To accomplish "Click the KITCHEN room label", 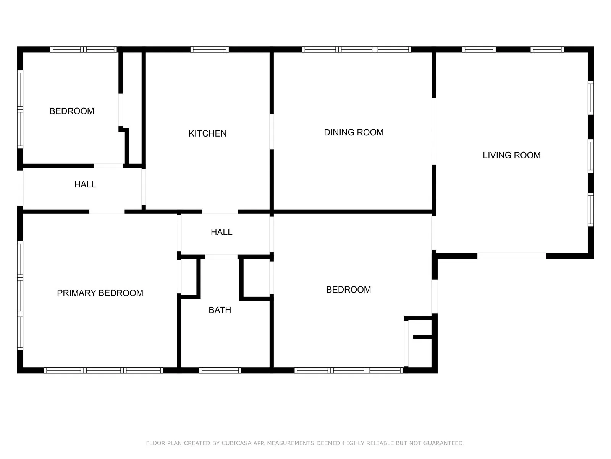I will pos(207,133).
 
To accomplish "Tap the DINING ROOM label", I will pos(354,132).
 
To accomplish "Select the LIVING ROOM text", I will pos(511,155).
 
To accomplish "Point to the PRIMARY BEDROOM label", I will pos(100,293).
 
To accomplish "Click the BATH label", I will pos(220,310).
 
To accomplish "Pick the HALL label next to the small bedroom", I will pos(85,184).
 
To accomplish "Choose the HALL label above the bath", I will pos(221,232).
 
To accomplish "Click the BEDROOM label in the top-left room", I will pos(72,111).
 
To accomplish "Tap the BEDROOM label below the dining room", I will pos(348,290).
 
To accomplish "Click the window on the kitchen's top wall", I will pos(209,49).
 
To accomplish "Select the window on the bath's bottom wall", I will pos(220,370).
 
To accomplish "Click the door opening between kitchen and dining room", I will pos(272,131).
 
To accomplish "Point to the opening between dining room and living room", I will pos(434,131).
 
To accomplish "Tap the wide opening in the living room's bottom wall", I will pos(512,256).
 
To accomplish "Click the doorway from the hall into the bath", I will pos(221,256).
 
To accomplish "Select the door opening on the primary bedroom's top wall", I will pos(107,212).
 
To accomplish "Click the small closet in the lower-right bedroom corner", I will pos(419,342).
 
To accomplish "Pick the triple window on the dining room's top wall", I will pos(356,49).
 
